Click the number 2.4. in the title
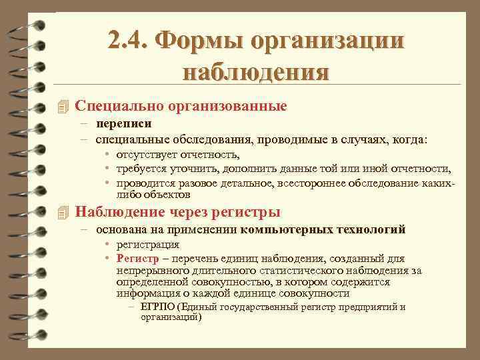pyautogui.click(x=129, y=42)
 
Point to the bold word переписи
pyautogui.click(x=123, y=123)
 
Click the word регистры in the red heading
pyautogui.click(x=246, y=213)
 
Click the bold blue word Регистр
pyautogui.click(x=136, y=258)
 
